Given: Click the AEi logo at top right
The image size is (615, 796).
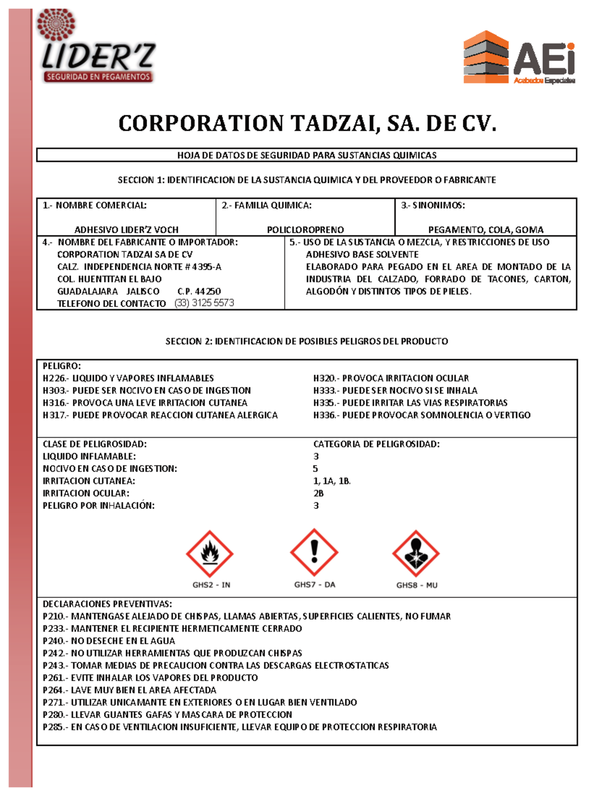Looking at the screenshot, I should [x=519, y=57].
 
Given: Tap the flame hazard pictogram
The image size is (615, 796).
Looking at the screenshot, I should [x=210, y=554].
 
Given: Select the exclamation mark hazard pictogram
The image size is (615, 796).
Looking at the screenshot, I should [x=314, y=552].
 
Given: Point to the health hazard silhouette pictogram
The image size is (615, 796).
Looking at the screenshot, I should [x=416, y=554].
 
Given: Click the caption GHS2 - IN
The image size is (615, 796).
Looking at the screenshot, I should [x=211, y=585].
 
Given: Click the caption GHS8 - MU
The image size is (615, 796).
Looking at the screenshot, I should [x=417, y=585].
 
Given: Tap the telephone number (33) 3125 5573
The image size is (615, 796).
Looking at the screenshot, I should [x=204, y=303].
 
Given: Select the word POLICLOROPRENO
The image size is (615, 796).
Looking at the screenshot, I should [x=305, y=230].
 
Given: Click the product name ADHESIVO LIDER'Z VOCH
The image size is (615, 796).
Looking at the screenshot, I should [x=127, y=230].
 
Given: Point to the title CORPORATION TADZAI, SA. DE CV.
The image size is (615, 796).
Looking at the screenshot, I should [x=307, y=124].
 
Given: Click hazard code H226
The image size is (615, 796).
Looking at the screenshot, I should [x=54, y=378].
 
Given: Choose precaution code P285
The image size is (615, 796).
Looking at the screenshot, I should [x=54, y=727].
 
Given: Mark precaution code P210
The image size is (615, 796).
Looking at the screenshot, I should [x=54, y=616].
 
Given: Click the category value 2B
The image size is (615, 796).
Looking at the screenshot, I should [x=318, y=493].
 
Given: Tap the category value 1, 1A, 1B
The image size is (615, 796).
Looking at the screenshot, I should [x=332, y=481].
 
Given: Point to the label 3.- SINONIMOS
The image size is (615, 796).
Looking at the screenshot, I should [x=433, y=206].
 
